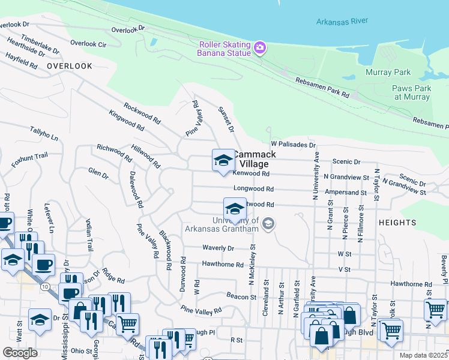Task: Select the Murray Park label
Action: pos(388,73)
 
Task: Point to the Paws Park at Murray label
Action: pos(411,92)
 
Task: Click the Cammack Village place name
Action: pos(255,158)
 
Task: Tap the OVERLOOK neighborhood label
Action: pos(70,66)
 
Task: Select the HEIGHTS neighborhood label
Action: pos(397,223)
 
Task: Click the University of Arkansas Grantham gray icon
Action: pos(269,224)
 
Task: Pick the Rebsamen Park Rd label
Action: pos(322,88)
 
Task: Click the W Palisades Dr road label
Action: pos(293,145)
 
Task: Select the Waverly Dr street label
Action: pos(217,248)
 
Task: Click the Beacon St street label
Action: pos(242,296)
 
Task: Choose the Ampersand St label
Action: pos(345,193)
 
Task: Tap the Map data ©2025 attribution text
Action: pos(423,355)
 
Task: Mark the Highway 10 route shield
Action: pos(45,287)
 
